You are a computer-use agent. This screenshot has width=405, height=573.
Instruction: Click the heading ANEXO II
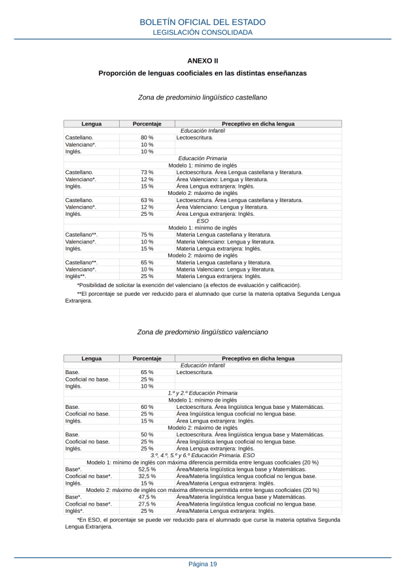pyautogui.click(x=202, y=60)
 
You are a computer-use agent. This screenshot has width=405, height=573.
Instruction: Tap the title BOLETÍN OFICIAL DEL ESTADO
pyautogui.click(x=202, y=23)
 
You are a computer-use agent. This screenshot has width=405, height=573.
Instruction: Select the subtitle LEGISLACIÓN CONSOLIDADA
pyautogui.click(x=202, y=32)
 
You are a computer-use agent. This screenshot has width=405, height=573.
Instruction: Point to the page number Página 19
pyautogui.click(x=202, y=564)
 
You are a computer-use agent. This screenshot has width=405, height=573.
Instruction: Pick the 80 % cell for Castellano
pyautogui.click(x=147, y=137)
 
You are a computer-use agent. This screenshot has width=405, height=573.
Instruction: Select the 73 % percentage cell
pyautogui.click(x=147, y=172)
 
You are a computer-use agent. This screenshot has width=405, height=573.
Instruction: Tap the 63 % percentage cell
pyautogui.click(x=147, y=200)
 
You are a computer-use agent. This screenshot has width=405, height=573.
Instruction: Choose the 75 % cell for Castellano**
pyautogui.click(x=147, y=234)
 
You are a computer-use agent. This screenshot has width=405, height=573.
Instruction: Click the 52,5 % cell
pyautogui.click(x=147, y=469)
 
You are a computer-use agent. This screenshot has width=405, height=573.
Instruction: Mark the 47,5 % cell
pyautogui.click(x=147, y=497)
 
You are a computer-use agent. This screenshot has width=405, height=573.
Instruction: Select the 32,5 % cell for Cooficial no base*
pyautogui.click(x=147, y=476)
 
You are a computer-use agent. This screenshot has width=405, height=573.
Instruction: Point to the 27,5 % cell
pyautogui.click(x=147, y=504)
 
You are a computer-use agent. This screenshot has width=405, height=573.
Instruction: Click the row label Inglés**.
pyautogui.click(x=75, y=276)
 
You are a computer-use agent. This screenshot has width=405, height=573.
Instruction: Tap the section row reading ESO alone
pyautogui.click(x=202, y=220)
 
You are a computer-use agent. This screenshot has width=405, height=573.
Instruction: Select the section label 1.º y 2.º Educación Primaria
pyautogui.click(x=202, y=392)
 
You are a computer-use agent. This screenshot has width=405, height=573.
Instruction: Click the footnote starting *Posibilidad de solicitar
pyautogui.click(x=189, y=285)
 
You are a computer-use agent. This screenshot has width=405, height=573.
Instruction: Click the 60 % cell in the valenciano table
pyautogui.click(x=147, y=407)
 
